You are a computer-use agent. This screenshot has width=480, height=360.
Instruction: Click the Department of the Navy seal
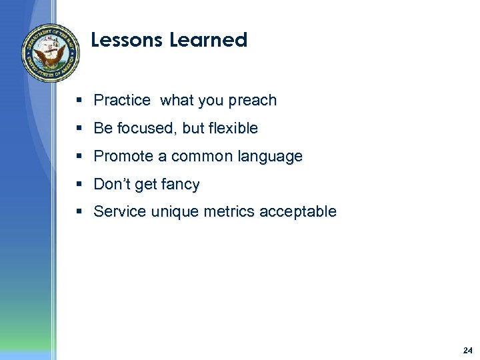(x=51, y=53)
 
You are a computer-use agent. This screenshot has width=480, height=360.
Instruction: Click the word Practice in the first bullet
(x=122, y=101)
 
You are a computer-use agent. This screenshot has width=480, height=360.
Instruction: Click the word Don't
(x=112, y=184)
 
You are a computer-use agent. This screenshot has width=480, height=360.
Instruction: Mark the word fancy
(x=180, y=185)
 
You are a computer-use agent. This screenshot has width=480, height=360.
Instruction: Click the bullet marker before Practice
(x=79, y=101)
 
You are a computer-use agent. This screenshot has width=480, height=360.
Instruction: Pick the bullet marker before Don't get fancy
(x=79, y=184)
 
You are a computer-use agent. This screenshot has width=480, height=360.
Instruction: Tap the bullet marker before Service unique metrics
(x=79, y=212)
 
